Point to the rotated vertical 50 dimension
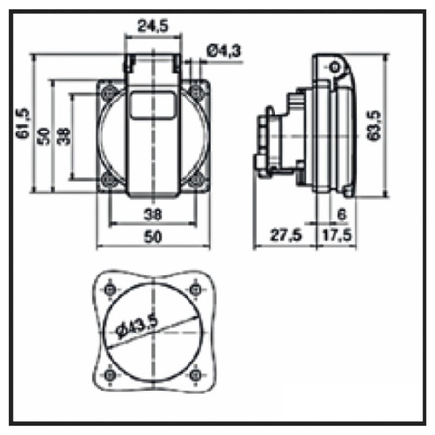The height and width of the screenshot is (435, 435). tap(43, 134)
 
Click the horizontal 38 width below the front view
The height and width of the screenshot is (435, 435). tap(153, 215)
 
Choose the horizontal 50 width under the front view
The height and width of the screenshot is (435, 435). tap(153, 236)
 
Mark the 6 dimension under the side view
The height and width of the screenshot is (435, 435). tap(343, 215)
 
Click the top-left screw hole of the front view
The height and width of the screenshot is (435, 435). tap(108, 92)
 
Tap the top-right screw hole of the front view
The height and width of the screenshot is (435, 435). tap(197, 92)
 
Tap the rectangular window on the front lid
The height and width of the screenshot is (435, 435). tap(153, 104)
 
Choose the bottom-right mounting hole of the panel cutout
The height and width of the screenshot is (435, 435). tap(197, 375)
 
